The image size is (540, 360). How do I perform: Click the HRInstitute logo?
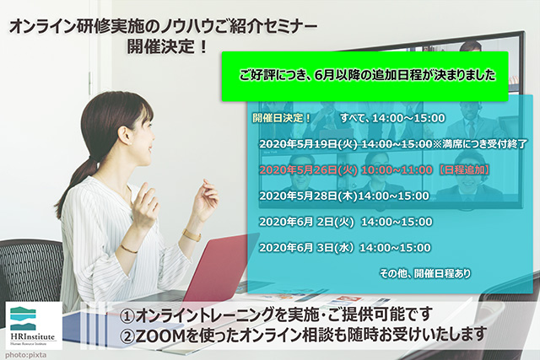(34, 325)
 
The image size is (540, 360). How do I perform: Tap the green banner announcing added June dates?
(365, 77)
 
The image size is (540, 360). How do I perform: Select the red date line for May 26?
(375, 170)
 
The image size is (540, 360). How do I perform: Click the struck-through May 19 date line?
(393, 144)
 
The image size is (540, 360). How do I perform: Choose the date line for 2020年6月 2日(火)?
(346, 222)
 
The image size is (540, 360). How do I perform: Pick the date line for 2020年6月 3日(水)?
(345, 248)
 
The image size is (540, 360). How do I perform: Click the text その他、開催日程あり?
(425, 274)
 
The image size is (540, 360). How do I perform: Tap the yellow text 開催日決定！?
(282, 118)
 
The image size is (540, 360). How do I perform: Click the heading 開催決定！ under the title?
(168, 46)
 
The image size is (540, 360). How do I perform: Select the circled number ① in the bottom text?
(127, 316)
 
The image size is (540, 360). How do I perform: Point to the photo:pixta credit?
(26, 355)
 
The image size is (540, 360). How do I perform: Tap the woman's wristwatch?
(192, 235)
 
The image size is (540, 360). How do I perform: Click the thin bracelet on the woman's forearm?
(129, 249)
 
